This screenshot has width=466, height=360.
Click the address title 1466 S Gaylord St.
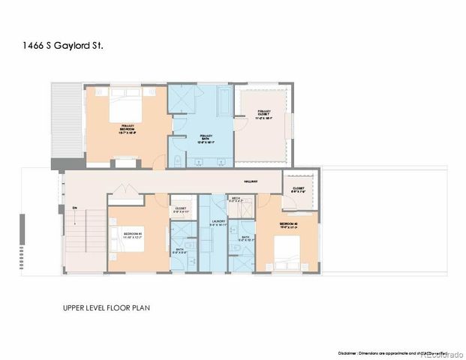tap(54, 46)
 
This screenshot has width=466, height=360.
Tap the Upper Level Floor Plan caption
tap(109, 307)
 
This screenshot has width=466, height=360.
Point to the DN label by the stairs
tap(74, 208)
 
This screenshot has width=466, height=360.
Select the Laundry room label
tap(219, 223)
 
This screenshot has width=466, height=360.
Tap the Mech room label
tap(235, 199)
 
